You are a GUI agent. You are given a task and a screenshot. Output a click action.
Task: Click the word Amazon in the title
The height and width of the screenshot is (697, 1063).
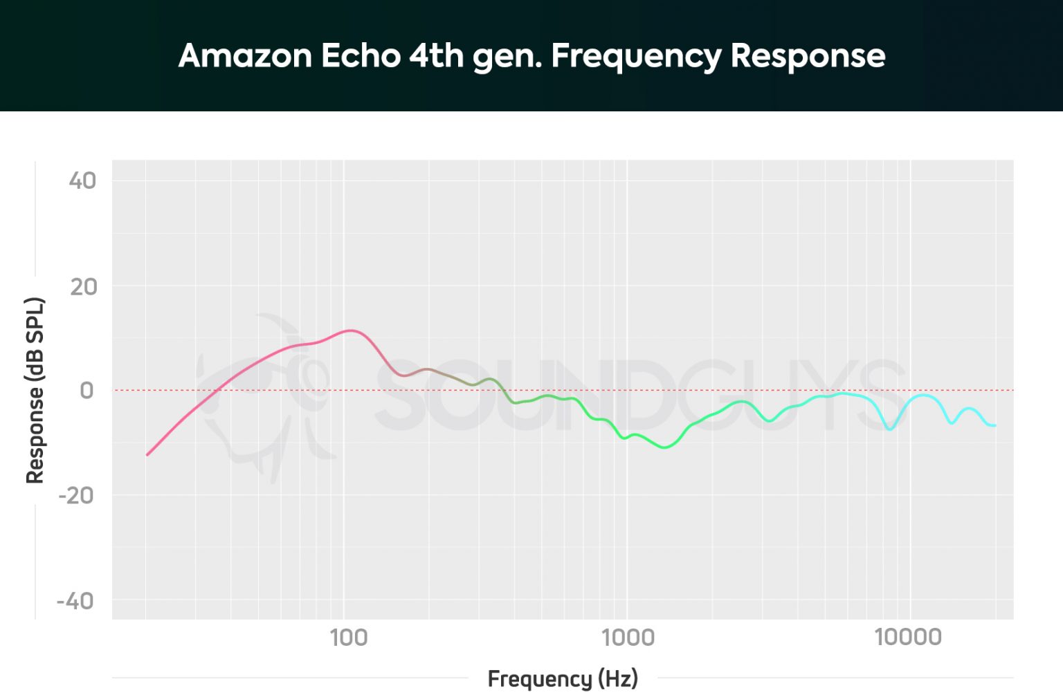(245, 55)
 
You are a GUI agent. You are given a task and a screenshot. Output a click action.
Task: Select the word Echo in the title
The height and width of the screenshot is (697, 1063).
(361, 55)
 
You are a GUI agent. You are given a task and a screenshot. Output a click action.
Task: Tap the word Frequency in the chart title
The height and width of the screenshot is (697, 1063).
(636, 57)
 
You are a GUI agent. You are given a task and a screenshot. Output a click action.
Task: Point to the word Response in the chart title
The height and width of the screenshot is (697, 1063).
(808, 57)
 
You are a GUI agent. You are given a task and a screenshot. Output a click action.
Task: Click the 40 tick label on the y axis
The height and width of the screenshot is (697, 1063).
(82, 180)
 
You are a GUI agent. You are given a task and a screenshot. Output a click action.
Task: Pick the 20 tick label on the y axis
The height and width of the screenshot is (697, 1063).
(83, 286)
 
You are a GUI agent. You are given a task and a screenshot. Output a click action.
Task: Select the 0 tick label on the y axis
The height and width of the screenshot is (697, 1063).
(87, 391)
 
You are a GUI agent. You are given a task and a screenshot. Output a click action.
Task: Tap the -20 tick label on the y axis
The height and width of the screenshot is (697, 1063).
(76, 496)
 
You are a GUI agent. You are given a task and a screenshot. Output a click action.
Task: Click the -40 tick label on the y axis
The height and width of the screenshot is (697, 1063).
(75, 601)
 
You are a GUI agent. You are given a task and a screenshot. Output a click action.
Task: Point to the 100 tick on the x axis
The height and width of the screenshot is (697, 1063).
(348, 637)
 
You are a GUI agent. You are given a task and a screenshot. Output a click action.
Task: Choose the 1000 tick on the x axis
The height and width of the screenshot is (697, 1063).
(628, 637)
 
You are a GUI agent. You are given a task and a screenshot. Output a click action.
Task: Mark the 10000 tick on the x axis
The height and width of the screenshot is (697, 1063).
(908, 637)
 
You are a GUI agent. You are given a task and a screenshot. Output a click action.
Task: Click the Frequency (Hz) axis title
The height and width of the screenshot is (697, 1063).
(563, 678)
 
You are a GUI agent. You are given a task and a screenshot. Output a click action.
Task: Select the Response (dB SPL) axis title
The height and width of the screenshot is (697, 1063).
(35, 391)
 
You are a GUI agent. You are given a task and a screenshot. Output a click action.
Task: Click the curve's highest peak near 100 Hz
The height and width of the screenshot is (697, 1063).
(352, 331)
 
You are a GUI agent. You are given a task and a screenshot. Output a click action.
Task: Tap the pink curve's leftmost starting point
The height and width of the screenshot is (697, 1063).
(147, 455)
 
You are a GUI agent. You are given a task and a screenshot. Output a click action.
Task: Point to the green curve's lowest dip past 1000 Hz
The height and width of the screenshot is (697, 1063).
(665, 447)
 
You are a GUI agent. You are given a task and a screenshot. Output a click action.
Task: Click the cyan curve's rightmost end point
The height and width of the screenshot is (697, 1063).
(995, 425)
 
